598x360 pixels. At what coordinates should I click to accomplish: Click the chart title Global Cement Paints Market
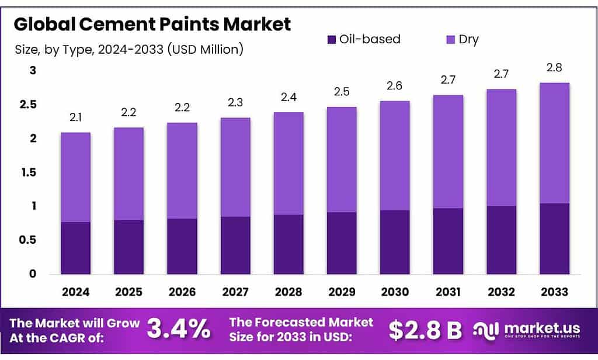click(152, 25)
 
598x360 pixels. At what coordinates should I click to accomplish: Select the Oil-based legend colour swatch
click(331, 40)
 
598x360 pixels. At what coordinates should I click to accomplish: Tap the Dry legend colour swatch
click(450, 40)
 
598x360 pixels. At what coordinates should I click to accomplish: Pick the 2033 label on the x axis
click(554, 291)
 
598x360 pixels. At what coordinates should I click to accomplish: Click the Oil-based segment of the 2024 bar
click(75, 248)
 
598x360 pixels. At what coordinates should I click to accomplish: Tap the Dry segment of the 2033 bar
click(554, 143)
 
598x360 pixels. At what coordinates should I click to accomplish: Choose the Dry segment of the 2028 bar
click(288, 164)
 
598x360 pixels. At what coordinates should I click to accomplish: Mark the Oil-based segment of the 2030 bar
click(394, 242)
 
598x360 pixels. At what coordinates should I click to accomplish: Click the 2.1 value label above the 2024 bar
click(75, 119)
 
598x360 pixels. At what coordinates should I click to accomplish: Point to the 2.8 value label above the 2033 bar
click(554, 69)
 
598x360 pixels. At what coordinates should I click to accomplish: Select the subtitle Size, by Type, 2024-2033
click(128, 50)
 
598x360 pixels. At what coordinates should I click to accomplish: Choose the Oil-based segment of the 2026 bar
click(182, 246)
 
